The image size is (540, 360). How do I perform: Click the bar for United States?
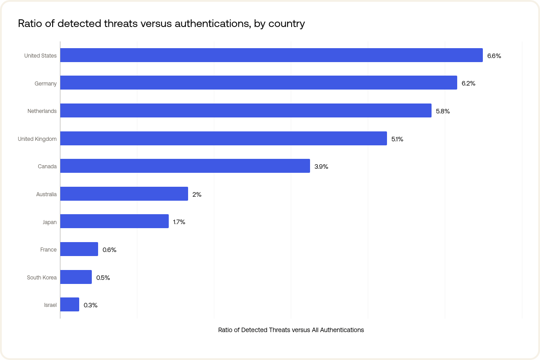click(271, 55)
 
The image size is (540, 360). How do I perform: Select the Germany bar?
click(259, 83)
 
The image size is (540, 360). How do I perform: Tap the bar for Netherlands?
click(246, 111)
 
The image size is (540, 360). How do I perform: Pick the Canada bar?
click(185, 166)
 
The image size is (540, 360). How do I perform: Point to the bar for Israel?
click(70, 305)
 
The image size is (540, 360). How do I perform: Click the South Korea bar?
click(76, 277)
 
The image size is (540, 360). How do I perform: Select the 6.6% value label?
click(494, 56)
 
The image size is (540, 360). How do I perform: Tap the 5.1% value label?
click(397, 139)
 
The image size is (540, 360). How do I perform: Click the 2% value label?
click(197, 194)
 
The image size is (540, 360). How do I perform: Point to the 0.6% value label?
click(109, 250)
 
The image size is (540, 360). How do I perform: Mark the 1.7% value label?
click(179, 222)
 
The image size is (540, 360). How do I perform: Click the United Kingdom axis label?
click(37, 139)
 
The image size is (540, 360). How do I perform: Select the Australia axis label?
click(46, 194)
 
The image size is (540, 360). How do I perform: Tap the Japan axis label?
click(49, 222)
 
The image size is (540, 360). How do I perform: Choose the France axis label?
click(49, 250)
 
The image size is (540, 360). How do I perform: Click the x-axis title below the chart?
click(291, 330)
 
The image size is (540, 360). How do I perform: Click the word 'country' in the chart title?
click(287, 24)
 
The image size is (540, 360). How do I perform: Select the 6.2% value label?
click(468, 83)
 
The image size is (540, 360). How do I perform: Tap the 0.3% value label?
click(90, 305)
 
